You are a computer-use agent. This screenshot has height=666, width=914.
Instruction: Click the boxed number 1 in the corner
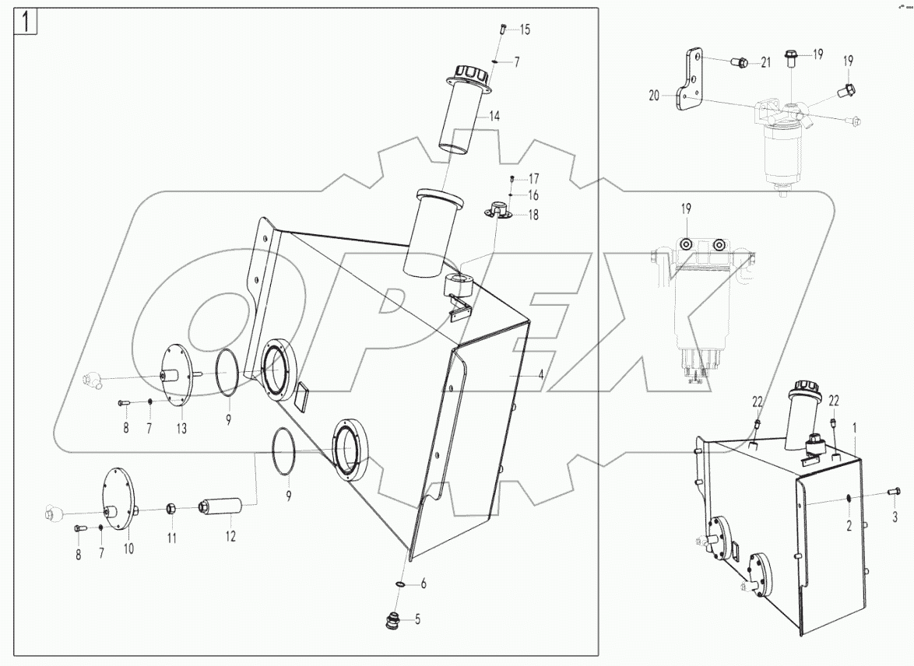point(26,22)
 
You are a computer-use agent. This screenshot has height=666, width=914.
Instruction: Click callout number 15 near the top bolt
point(525,30)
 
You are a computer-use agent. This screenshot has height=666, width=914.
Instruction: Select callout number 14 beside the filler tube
point(494,116)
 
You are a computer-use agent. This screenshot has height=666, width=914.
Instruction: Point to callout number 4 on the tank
point(540,374)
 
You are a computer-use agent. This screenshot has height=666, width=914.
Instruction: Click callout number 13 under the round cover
point(181,429)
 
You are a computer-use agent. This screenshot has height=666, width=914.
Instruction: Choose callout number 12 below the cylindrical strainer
point(230,537)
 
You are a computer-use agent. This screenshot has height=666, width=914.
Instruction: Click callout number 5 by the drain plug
point(417,620)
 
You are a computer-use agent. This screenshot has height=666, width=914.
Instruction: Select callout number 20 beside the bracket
point(653,96)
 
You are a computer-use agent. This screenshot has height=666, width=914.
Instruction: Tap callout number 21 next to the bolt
point(765,63)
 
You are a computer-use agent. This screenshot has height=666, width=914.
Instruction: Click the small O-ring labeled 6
point(399,584)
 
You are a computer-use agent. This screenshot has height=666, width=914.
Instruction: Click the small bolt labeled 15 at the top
point(502,30)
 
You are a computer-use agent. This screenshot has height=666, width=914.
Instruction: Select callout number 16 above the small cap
point(533,195)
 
